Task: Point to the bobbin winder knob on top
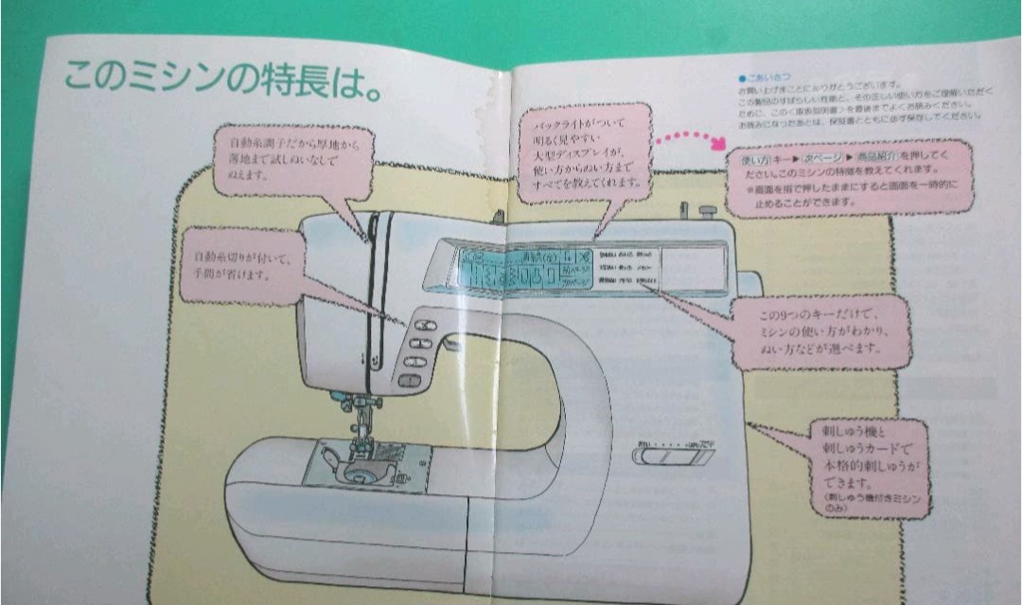pos(705,211)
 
